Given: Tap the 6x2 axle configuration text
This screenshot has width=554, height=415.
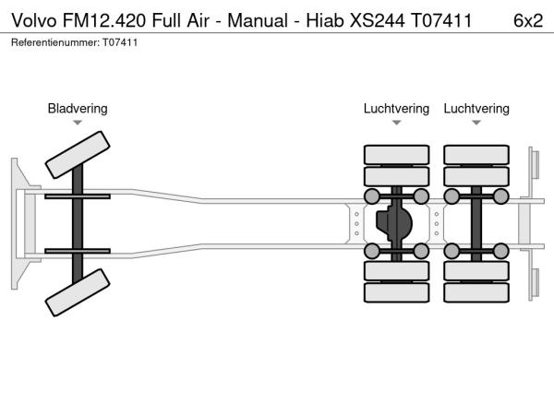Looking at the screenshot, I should pos(527,19).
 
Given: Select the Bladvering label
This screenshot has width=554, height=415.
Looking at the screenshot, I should pos(78,109).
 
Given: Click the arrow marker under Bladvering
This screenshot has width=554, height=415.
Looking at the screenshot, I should pos(78,123).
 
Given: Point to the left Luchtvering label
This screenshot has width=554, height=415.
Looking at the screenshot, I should pos(396,109).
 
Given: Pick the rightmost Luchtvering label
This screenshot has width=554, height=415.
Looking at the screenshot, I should pos(476,109).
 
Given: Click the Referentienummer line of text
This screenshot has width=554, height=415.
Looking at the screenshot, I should pos(74,42).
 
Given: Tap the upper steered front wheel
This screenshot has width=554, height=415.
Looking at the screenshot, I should pos(78,154).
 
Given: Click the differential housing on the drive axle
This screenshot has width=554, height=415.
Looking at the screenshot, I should pos(396,224).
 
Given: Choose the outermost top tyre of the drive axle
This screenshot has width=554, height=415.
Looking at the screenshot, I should pos(396,154).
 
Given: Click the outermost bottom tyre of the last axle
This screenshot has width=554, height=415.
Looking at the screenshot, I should pos(476,293).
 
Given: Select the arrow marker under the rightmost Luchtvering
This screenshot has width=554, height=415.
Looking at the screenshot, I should pos(476,123).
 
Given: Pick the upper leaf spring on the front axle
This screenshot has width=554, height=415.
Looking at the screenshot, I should pos(78,196).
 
